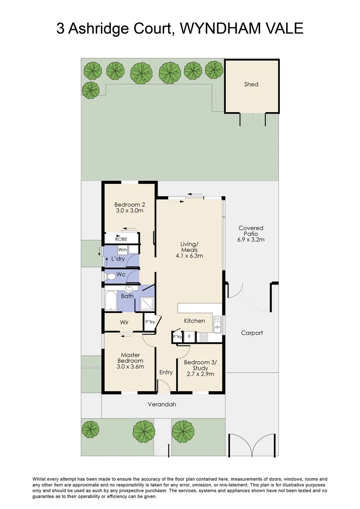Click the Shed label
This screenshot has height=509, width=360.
pos(251,84)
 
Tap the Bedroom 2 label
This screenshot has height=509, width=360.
pos(129,205)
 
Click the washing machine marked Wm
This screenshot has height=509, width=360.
pos(123,250)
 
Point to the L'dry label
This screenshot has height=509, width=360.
pos(118,259)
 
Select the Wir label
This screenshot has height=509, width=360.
pos(124,323)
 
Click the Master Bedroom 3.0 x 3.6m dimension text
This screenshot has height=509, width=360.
pos(131,366)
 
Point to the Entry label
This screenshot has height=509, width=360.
pos(166,372)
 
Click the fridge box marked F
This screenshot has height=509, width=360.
pos(189,337)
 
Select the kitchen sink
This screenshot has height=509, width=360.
pos(217,323)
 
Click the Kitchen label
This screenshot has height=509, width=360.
pos(195,321)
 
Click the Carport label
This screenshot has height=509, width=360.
pos(252,333)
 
